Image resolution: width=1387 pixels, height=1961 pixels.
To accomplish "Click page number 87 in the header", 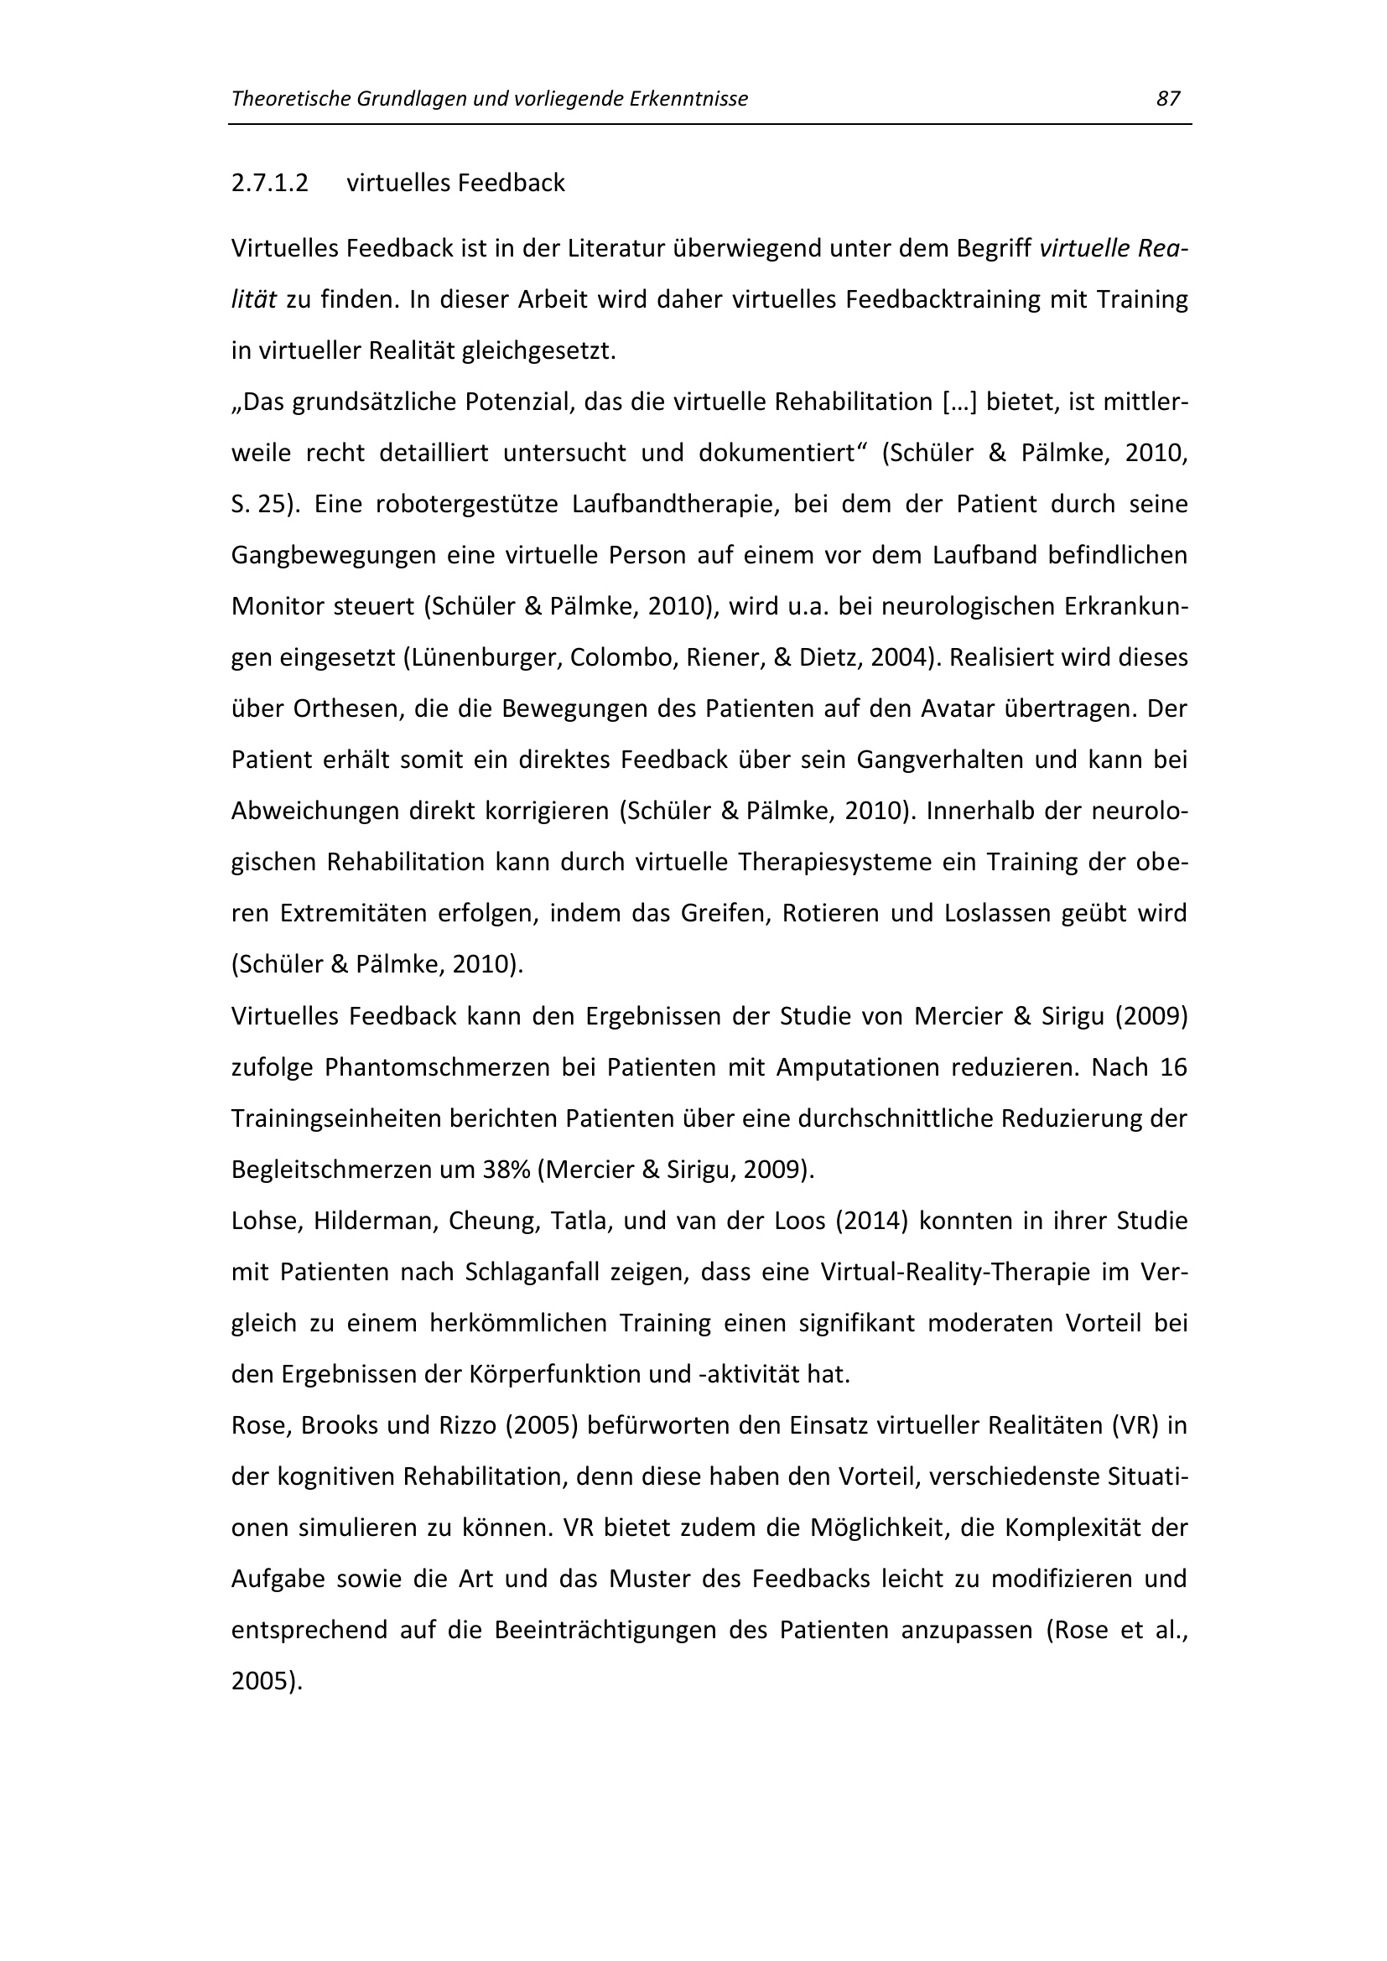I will (x=1167, y=99).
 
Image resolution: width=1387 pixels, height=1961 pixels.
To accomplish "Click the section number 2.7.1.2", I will (x=269, y=183).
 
